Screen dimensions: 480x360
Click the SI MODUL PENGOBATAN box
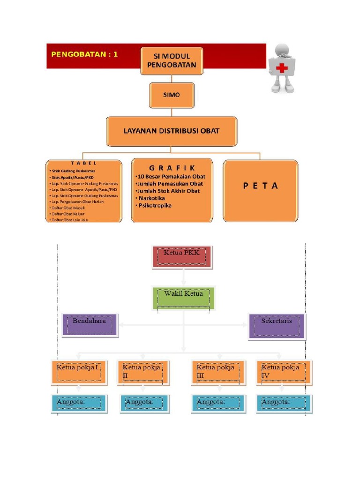pyautogui.click(x=172, y=61)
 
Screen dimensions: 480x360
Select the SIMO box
pyautogui.click(x=171, y=95)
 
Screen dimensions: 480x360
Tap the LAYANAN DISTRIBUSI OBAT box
pyautogui.click(x=171, y=131)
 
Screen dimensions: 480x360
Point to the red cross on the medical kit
pyautogui.click(x=282, y=68)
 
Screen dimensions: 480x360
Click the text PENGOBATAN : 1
pyautogui.click(x=84, y=54)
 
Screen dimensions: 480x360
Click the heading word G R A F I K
pyautogui.click(x=172, y=168)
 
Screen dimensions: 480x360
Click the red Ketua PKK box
pyautogui.click(x=182, y=256)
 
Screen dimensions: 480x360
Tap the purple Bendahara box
pyautogui.click(x=90, y=325)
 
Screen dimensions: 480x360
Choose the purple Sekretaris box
pyautogui.click(x=277, y=325)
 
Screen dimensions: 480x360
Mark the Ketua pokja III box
pyautogui.click(x=218, y=372)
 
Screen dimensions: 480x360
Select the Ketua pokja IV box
pyautogui.click(x=283, y=372)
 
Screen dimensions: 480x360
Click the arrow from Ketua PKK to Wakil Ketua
pyautogui.click(x=183, y=277)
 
